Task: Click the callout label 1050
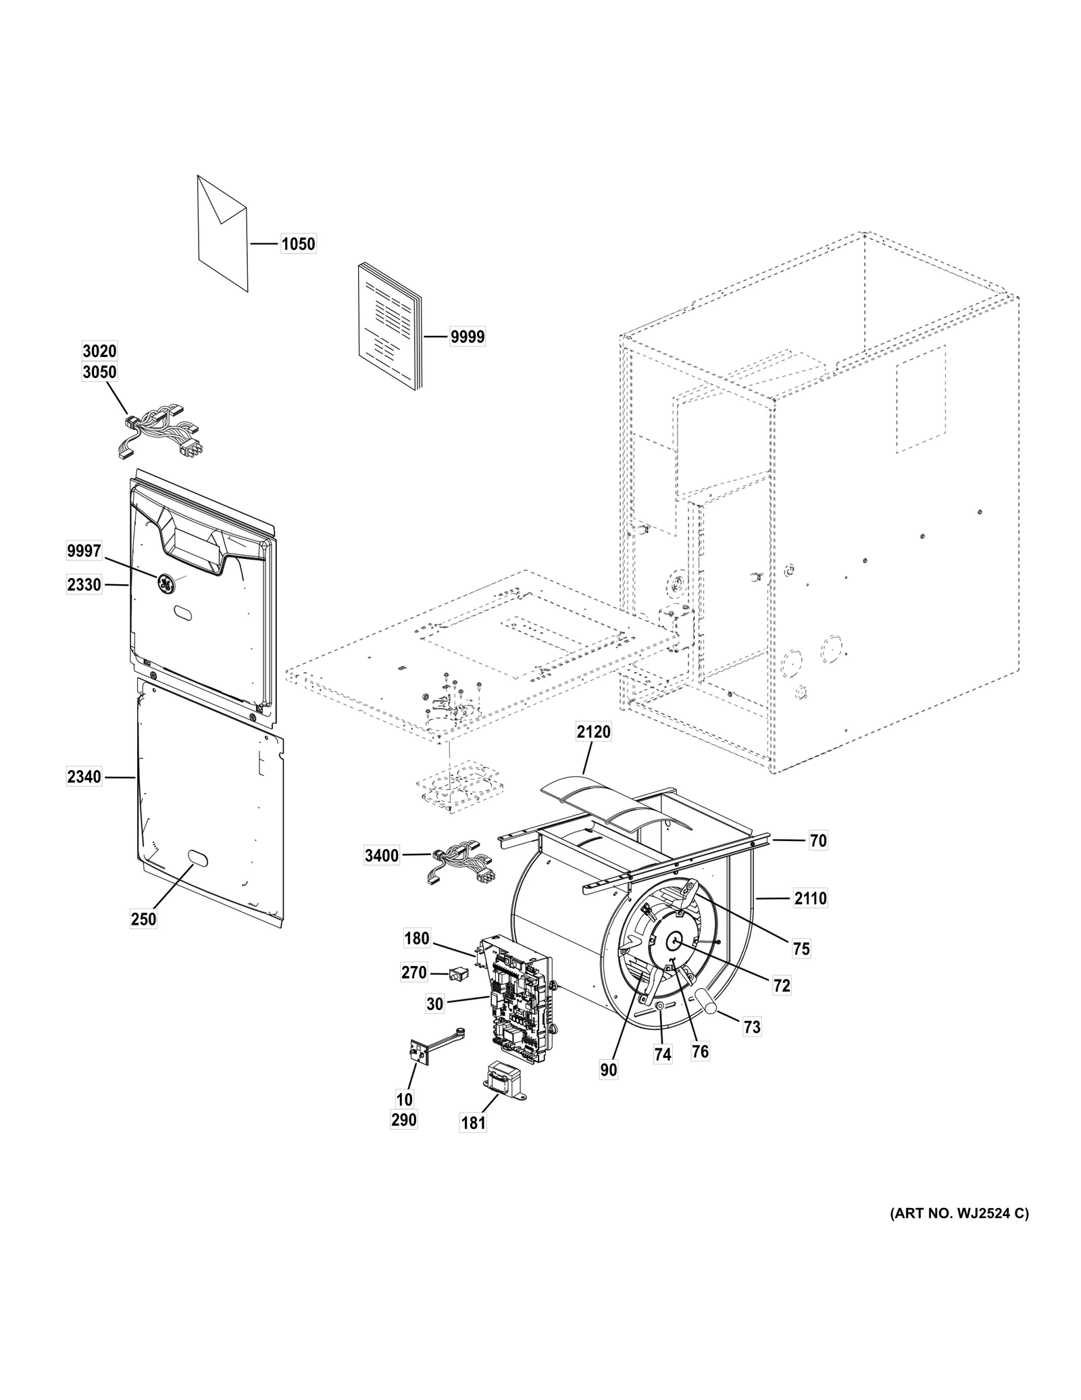pos(298,244)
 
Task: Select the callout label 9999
pos(467,337)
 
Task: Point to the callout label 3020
pos(99,351)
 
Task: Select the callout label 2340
pos(84,777)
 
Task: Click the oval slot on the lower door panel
pos(197,858)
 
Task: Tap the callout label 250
pos(143,919)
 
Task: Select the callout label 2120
pos(593,731)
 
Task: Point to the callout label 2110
pos(810,898)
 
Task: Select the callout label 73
pos(752,1028)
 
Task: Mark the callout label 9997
pos(84,552)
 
